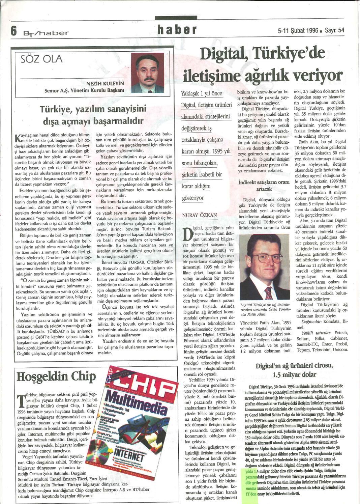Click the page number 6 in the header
(14, 31)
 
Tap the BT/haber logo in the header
(46, 33)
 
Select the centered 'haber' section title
(177, 30)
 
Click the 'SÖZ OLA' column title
(41, 59)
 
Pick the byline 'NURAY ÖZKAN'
(199, 215)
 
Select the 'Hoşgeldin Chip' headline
(56, 376)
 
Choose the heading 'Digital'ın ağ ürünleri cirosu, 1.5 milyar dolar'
(294, 370)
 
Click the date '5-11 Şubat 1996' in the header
(298, 30)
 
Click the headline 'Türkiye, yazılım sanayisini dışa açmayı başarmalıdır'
(92, 115)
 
